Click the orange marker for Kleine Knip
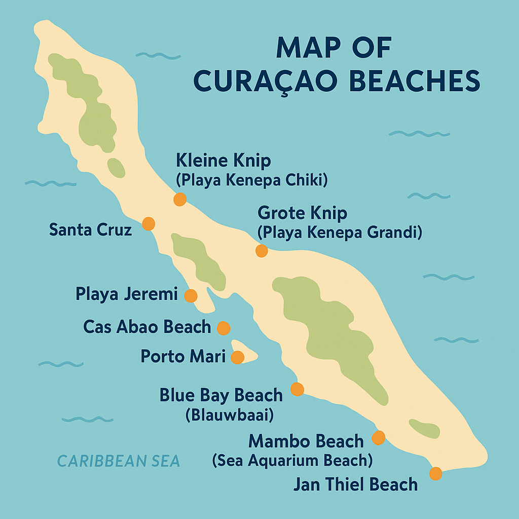coord(179,199)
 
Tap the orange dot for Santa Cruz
coord(149,224)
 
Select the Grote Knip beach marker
coord(262,251)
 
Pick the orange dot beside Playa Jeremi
coord(191,296)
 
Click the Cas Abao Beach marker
coord(224,328)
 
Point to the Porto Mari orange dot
coord(237,358)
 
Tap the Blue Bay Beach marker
coord(297,389)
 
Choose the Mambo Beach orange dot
coord(379,437)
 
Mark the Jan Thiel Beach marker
coord(435,474)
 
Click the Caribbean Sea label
coord(119,461)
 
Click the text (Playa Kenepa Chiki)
coord(252,180)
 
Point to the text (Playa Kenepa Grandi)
coord(340,233)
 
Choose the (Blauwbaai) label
coord(230,415)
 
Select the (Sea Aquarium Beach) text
coord(292,460)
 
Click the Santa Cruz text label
coord(90,230)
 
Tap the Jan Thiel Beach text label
coord(355,485)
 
